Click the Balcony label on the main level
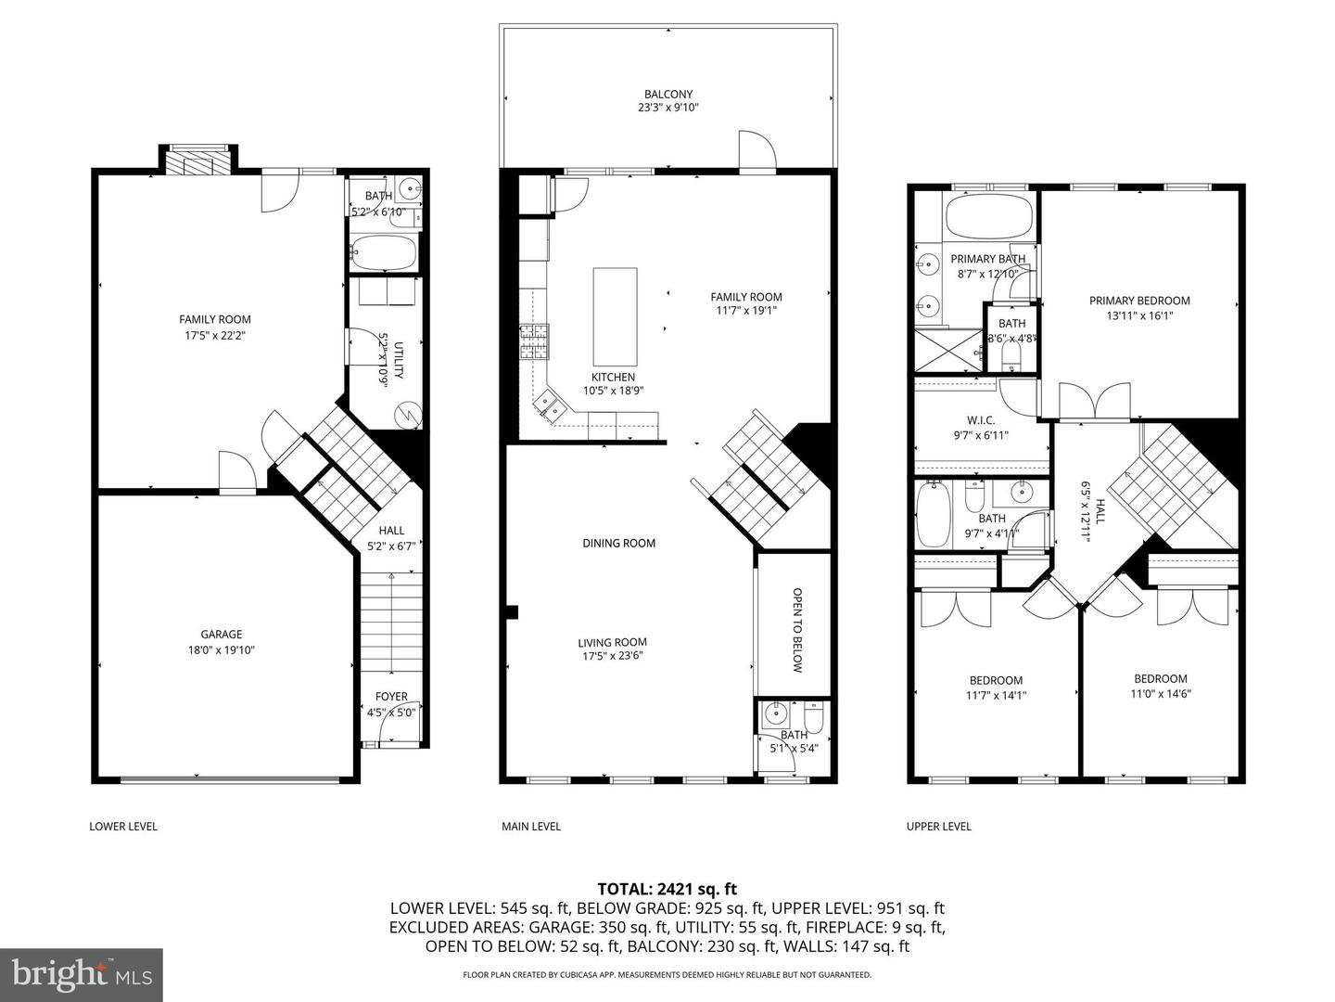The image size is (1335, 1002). pos(667,95)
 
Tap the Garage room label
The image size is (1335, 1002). pos(221,635)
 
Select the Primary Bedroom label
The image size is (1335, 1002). pos(1139,301)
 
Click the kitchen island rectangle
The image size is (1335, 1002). pos(615,316)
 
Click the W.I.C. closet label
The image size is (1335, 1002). pos(980,420)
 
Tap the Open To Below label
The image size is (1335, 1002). pos(796,629)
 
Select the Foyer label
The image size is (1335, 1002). pos(391,697)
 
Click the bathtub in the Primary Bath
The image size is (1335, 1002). pos(988,216)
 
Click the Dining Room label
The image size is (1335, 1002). pos(618,544)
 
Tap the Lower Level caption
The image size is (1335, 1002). pos(123,827)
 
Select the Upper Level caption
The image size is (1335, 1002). pos(938,827)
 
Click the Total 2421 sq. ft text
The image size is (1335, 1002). pos(667,889)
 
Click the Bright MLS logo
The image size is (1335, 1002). pos(82,974)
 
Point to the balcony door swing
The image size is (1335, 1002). pos(755,151)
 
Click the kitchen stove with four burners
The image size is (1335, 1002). pos(534,341)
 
